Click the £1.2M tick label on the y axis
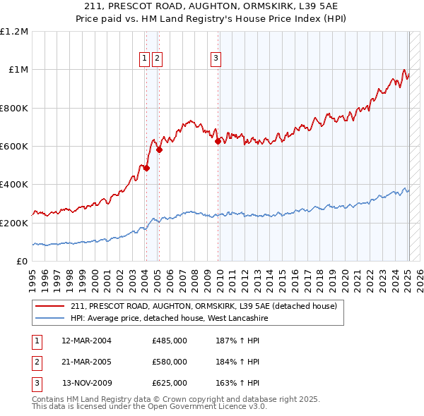click(14, 32)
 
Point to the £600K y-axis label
click(14, 147)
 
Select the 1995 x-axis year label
click(33, 276)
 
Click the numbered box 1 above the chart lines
click(144, 59)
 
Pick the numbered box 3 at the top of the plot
click(216, 59)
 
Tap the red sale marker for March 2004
click(147, 169)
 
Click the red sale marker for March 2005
click(160, 149)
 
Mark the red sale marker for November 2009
click(218, 141)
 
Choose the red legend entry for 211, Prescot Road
click(204, 306)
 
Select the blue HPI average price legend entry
click(169, 319)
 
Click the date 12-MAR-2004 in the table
click(87, 341)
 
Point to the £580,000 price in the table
click(170, 362)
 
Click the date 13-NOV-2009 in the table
click(87, 383)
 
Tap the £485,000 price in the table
click(170, 341)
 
